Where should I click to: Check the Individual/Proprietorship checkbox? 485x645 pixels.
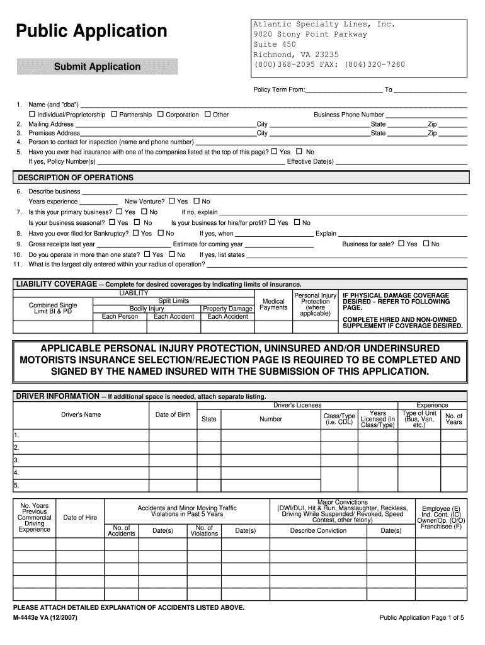point(32,115)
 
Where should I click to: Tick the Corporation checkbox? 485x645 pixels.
point(161,115)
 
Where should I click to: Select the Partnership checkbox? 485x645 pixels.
point(114,115)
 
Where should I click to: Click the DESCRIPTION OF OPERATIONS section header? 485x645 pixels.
point(76,178)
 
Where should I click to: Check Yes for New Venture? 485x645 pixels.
point(171,202)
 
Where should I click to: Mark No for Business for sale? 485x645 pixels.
point(426,244)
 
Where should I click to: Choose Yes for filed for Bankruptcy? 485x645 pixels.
point(135,233)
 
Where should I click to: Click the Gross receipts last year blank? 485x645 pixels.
point(134,245)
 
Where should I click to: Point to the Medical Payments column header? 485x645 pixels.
point(273,305)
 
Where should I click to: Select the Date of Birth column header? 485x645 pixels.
point(173,414)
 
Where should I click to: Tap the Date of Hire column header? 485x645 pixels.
point(80,518)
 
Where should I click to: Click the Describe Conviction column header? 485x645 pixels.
point(318,530)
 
